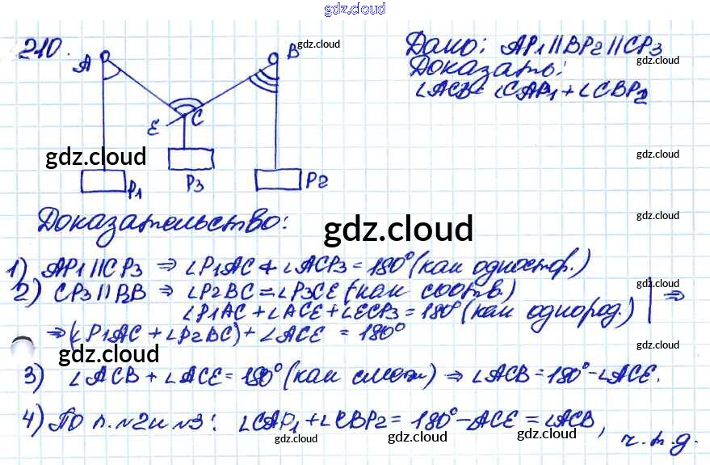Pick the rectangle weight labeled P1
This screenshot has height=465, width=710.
click(103, 182)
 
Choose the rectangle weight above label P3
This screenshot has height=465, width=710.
click(190, 158)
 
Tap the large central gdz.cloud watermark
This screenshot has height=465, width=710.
click(397, 230)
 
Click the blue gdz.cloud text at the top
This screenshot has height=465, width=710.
click(355, 9)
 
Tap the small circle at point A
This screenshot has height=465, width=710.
click(104, 58)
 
